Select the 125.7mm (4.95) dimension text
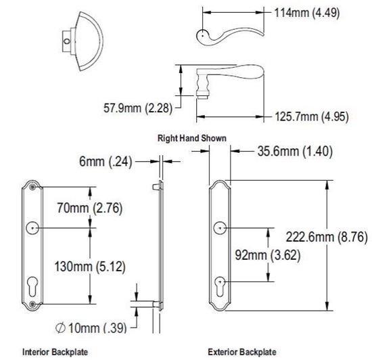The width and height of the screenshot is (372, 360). click(312, 116)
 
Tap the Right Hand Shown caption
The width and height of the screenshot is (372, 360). click(192, 137)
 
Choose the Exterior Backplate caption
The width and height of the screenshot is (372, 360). click(241, 353)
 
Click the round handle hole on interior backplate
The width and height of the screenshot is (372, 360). click(32, 228)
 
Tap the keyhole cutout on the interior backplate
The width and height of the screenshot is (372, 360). click(32, 282)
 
